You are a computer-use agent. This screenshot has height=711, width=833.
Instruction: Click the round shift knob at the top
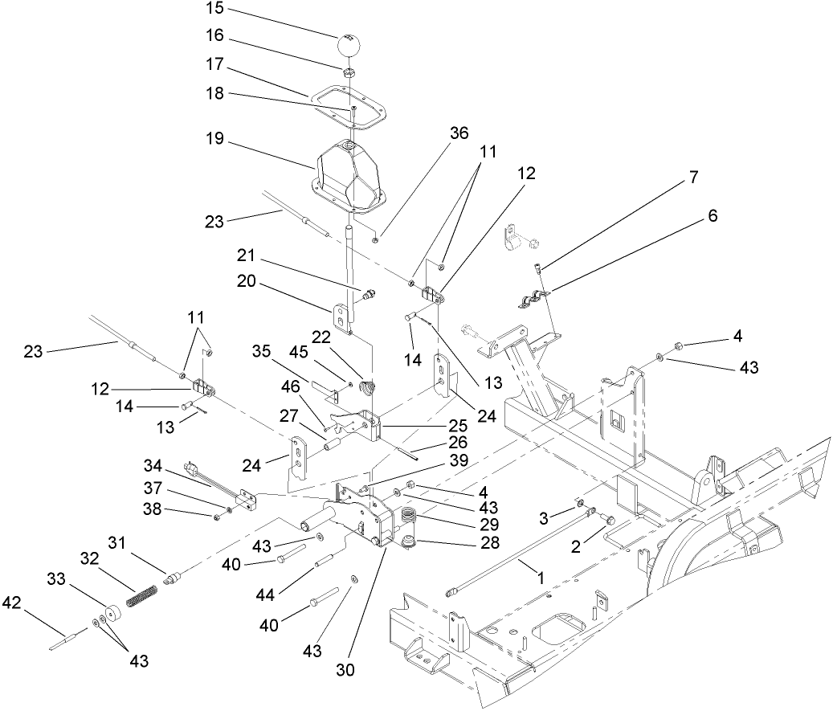(351, 44)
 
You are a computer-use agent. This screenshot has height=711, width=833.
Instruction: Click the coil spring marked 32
(141, 598)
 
